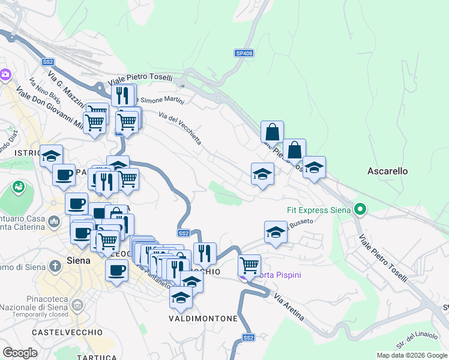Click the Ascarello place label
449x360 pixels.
(x=387, y=171)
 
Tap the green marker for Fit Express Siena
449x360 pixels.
(x=360, y=210)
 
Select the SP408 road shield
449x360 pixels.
(x=244, y=53)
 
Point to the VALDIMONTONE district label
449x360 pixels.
(x=203, y=318)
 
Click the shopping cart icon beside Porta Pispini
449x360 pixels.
(x=249, y=264)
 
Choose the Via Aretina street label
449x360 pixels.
(x=288, y=306)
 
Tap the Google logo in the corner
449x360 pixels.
(x=20, y=353)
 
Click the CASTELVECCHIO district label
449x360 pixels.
(x=60, y=332)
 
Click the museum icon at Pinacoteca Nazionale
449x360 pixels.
(x=77, y=305)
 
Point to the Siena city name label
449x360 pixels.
(x=78, y=261)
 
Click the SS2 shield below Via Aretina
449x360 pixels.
(x=249, y=338)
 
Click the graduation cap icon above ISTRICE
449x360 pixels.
(x=51, y=155)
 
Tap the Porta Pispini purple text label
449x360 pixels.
(x=277, y=275)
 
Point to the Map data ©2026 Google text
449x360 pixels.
(x=412, y=355)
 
